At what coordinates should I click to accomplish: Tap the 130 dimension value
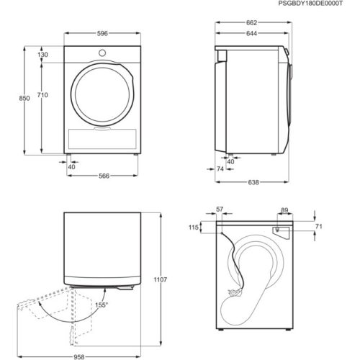pos(43,55)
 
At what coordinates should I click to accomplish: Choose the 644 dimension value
pos(252,33)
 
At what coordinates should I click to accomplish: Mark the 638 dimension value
pos(254,183)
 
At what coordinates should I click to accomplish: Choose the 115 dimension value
pos(194,228)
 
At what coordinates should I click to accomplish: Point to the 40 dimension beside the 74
pos(230,161)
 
